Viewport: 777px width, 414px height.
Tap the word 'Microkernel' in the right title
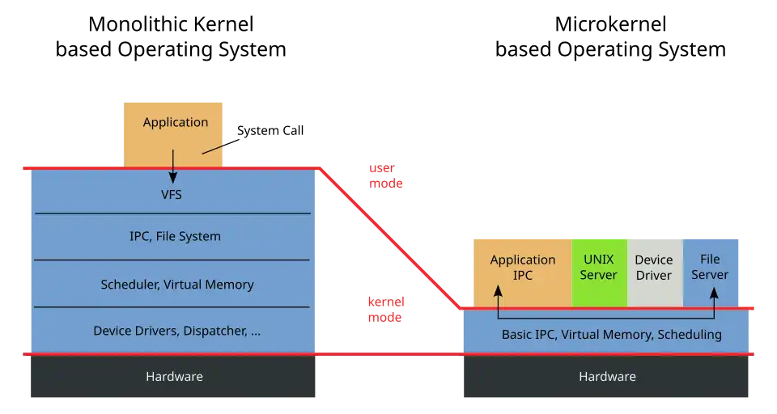click(x=610, y=24)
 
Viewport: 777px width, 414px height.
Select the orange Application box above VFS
click(x=173, y=135)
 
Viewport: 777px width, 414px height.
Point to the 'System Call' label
click(x=270, y=131)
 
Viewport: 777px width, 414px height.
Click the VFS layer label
click(x=172, y=195)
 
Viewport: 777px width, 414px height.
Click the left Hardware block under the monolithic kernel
click(x=173, y=376)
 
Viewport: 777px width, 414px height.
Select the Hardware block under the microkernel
click(x=606, y=376)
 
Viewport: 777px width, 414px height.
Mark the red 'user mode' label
click(x=385, y=175)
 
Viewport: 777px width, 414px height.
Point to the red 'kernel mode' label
click(x=386, y=310)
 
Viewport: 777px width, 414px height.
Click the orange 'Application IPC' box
click(x=523, y=272)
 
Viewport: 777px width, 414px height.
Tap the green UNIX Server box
click(x=599, y=272)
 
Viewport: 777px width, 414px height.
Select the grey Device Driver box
click(x=655, y=272)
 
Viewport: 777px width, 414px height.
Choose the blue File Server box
click(x=711, y=272)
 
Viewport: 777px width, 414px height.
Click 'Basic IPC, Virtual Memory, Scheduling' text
click(x=612, y=335)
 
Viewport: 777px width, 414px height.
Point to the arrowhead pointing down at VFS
click(x=173, y=178)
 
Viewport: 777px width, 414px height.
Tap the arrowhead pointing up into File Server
click(x=714, y=294)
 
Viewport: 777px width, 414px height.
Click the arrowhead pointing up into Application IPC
click(x=498, y=291)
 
